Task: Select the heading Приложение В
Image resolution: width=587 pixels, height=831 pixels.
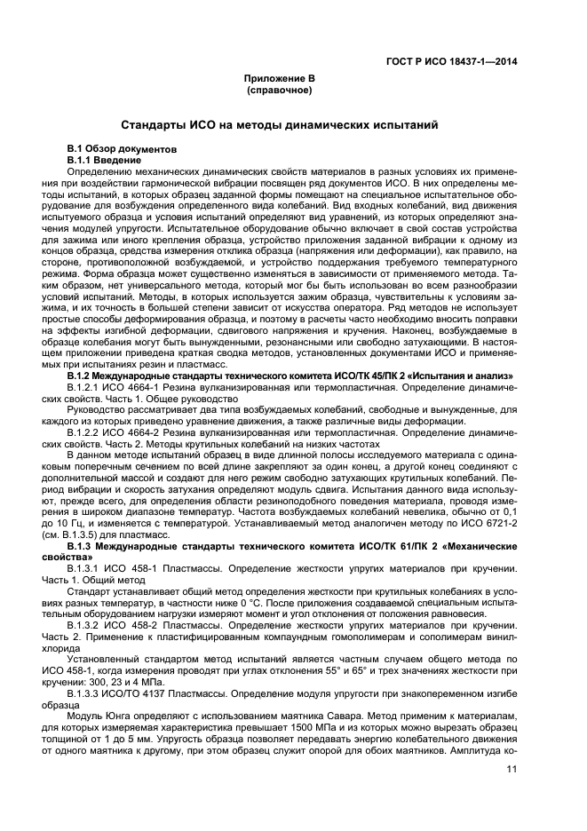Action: (x=281, y=79)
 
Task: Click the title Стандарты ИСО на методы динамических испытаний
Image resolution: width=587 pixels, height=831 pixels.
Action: (x=280, y=125)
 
